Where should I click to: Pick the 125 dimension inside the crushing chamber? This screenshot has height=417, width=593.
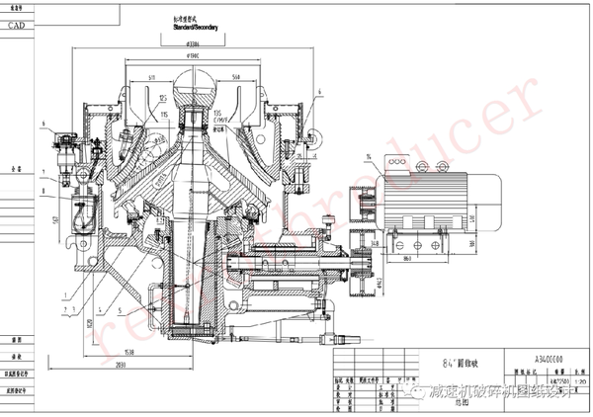(161, 99)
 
